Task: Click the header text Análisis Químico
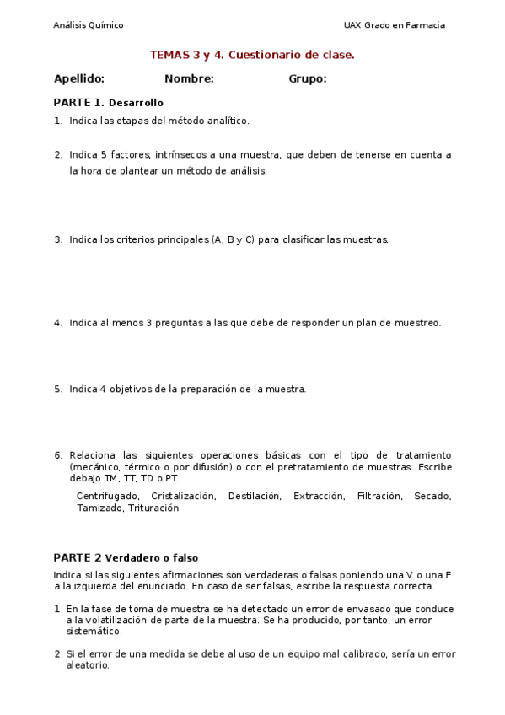88,25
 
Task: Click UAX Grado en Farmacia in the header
394,25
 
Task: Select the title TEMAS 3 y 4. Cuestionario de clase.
252,55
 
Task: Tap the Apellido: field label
79,79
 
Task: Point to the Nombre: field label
189,79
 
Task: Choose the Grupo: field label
308,79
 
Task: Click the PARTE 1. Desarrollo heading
108,103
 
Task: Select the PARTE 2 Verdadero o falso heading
126,557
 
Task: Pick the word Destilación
254,497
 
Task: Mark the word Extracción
319,497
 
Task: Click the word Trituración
153,508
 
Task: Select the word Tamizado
99,508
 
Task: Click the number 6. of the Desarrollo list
58,455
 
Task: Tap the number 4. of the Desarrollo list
58,323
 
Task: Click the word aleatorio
88,665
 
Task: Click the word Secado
432,497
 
